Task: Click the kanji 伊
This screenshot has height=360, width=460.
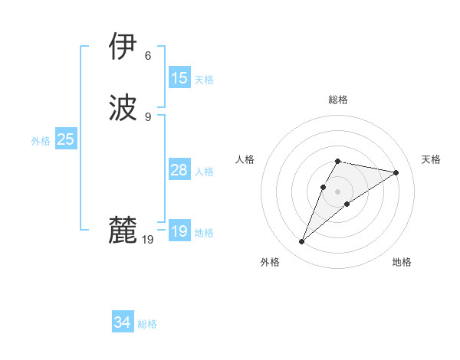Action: point(123,47)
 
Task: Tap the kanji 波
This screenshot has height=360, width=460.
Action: point(123,108)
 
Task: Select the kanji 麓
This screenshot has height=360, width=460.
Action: point(123,231)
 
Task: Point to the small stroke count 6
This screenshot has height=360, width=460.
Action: point(148,56)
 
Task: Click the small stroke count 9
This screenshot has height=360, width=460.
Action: point(148,117)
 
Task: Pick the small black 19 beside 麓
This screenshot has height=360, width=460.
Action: point(148,240)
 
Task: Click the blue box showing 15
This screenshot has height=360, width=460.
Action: point(179,78)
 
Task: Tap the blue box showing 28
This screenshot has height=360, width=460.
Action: point(179,170)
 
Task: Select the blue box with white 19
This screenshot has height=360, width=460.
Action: point(179,231)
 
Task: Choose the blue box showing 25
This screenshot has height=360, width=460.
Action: point(66,139)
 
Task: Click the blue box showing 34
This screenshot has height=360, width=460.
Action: point(123,323)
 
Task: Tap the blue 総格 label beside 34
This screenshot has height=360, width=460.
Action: point(147,324)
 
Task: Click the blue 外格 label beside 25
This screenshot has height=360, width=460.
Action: point(41,140)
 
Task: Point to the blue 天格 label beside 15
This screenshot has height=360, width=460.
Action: point(204,79)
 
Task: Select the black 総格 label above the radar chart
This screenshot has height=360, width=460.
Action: point(338,100)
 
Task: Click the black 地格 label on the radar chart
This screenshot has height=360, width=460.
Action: point(402,262)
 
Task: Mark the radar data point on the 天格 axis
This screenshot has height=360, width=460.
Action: point(396,172)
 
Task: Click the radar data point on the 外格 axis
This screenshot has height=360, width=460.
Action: point(301,242)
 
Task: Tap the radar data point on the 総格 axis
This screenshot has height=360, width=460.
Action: point(338,161)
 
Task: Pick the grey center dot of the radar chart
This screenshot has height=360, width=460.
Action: point(338,191)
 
